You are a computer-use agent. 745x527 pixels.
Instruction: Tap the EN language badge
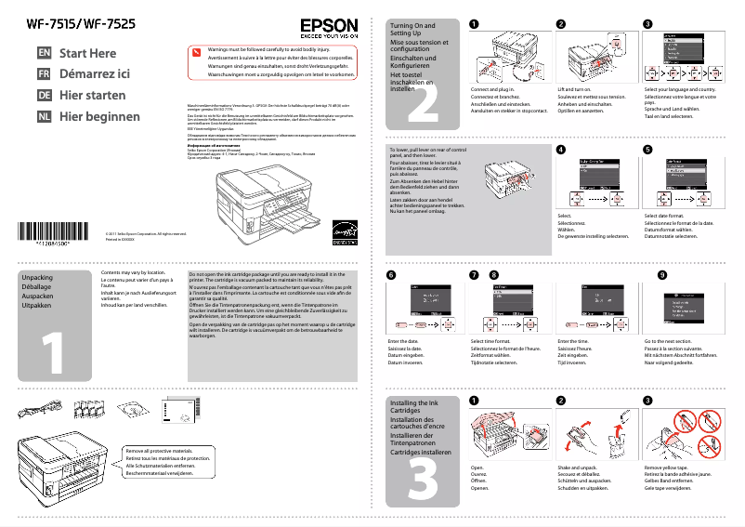(44, 54)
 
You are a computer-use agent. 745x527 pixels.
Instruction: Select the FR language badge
(44, 74)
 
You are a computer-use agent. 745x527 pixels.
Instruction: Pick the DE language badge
(44, 96)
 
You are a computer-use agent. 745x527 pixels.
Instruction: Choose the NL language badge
(44, 117)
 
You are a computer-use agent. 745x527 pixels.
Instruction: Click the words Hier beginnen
(99, 117)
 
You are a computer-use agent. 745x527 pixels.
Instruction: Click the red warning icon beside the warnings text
(195, 54)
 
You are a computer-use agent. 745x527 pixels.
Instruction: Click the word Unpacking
(37, 278)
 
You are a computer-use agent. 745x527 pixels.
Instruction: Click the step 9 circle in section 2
(661, 276)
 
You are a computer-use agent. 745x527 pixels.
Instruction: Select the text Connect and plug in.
(491, 89)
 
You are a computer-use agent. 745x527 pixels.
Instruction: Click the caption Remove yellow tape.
(668, 468)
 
